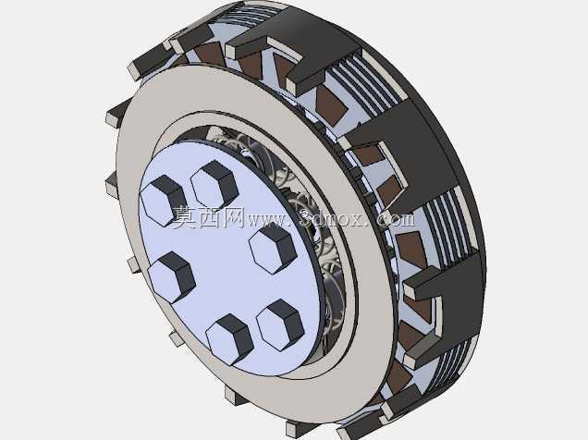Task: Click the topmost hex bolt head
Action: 214,185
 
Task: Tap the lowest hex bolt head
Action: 229,339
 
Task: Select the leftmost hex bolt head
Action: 163,201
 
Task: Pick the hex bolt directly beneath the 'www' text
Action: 273,250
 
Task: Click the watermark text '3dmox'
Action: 332,218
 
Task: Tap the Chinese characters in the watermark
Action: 208,217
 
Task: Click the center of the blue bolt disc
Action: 229,259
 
